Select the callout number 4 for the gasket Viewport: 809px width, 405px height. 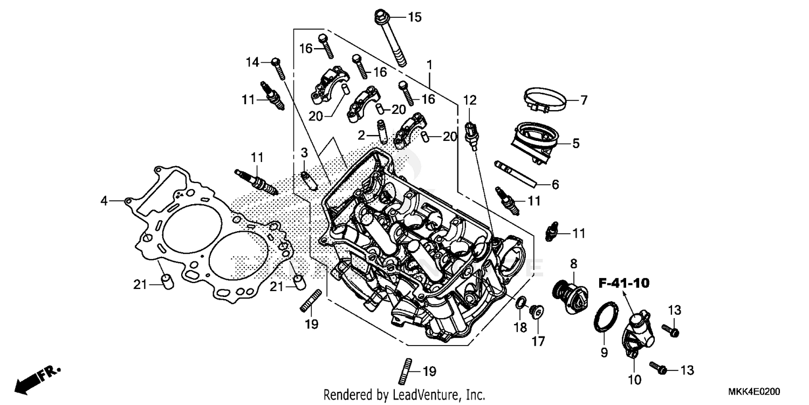click(104, 201)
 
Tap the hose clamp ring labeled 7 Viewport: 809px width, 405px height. click(546, 100)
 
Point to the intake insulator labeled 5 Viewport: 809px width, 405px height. click(535, 141)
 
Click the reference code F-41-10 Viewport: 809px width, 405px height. click(623, 282)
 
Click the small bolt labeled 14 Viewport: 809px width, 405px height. click(278, 69)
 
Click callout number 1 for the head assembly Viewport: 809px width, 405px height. click(429, 65)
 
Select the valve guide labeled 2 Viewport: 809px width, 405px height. click(382, 130)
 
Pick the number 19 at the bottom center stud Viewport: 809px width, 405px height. click(428, 372)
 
